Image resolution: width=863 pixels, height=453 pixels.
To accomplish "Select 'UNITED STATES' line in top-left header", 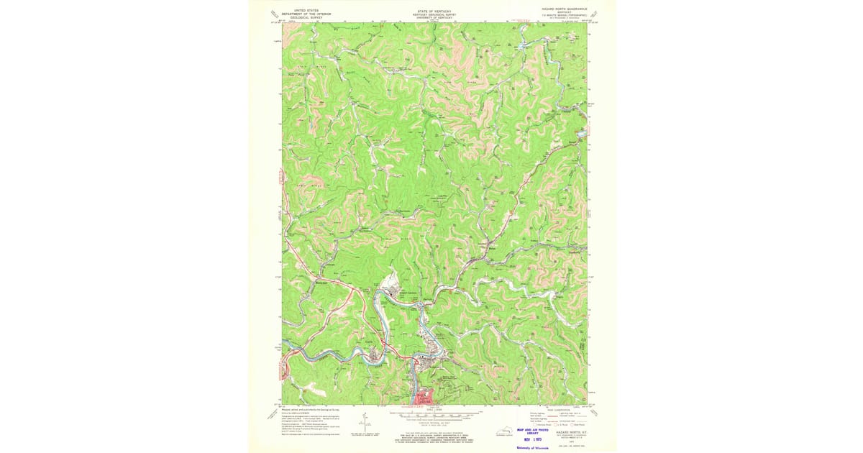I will [x=301, y=10].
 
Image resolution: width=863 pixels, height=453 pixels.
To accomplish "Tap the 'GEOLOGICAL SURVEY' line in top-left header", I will [x=301, y=17].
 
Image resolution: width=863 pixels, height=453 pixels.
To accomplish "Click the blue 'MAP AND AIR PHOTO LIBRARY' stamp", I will [x=533, y=431].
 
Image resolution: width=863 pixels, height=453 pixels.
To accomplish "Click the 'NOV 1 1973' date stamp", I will [x=533, y=439].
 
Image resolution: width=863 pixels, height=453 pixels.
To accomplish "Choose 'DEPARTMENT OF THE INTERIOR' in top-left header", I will [x=301, y=13].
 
